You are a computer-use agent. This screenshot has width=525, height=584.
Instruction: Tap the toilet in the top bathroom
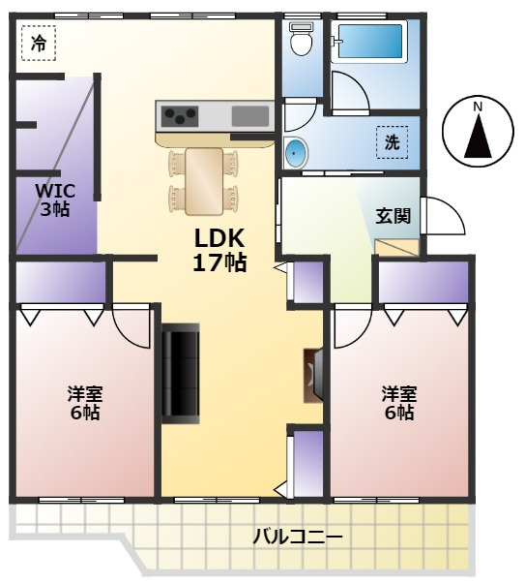301,41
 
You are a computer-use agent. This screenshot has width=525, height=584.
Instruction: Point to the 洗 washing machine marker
393,142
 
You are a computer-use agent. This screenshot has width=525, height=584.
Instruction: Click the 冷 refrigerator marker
38,43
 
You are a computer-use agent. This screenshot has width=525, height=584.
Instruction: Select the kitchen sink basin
250,116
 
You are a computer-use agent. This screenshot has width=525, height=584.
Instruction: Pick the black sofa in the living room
180,373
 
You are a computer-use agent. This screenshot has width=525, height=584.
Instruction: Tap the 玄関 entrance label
394,216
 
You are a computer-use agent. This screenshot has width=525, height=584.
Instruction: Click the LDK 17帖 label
220,249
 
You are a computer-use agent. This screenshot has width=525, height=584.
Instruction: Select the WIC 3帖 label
53,199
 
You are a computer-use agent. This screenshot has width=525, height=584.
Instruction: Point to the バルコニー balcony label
297,537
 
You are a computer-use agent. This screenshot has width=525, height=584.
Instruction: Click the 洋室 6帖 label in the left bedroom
84,403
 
